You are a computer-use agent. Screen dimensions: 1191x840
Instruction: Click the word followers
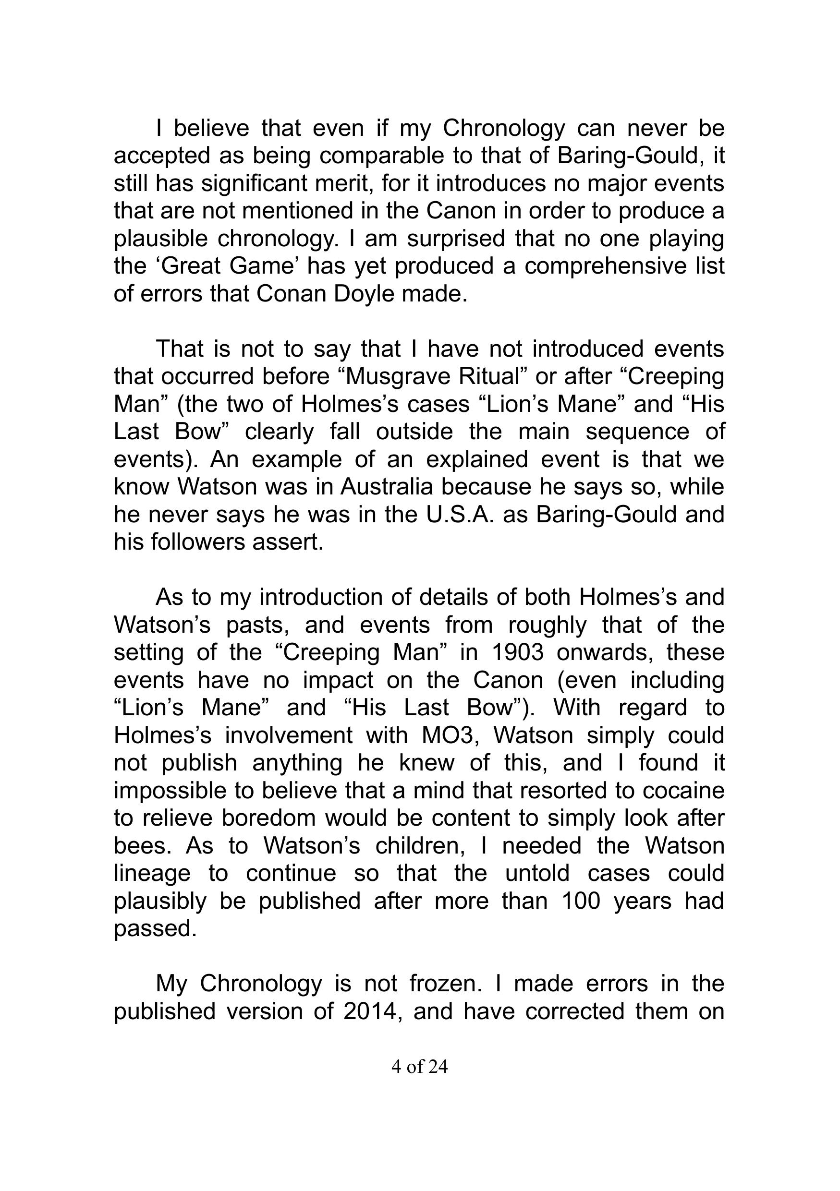(198, 542)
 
